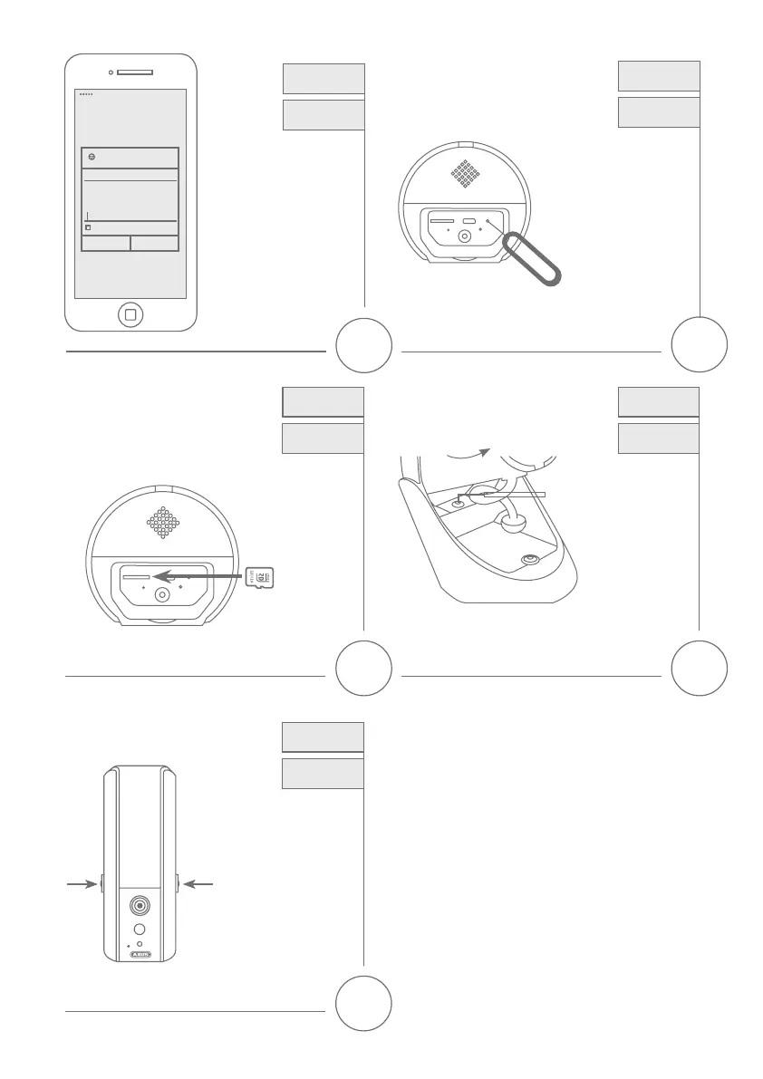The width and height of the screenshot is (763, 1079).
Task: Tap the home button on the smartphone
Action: [x=130, y=314]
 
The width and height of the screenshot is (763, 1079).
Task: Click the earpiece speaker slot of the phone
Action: [x=134, y=72]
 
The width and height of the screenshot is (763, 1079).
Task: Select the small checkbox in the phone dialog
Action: [x=88, y=227]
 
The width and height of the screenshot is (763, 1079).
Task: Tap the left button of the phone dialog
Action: [x=106, y=243]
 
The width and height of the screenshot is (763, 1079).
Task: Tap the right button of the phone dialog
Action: [x=154, y=243]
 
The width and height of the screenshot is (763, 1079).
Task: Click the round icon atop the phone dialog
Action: [x=92, y=157]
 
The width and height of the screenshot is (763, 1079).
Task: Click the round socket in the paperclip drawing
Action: [x=464, y=236]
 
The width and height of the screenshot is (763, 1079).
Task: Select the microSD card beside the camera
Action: [x=259, y=575]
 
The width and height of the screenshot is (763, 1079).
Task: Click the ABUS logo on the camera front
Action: [x=140, y=955]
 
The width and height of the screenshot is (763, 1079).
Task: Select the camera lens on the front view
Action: [x=140, y=905]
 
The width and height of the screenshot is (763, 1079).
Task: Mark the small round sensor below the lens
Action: [x=140, y=930]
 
